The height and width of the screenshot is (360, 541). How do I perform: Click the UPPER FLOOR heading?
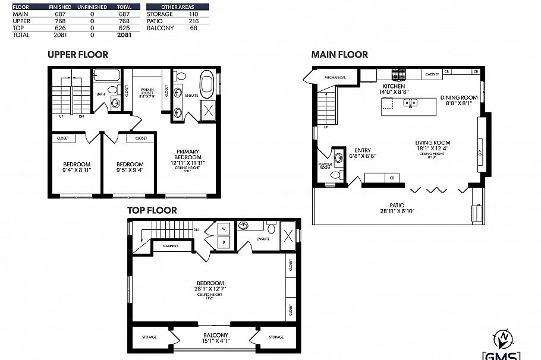(78, 55)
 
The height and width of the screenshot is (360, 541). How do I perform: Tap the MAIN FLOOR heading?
(340, 55)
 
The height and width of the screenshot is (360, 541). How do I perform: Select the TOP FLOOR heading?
(152, 210)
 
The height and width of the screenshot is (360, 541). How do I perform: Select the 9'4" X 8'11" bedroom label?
(77, 168)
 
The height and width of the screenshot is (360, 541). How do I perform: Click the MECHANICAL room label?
(335, 78)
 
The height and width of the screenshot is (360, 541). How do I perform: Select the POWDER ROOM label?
(325, 166)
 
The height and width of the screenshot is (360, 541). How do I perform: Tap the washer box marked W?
(224, 229)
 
